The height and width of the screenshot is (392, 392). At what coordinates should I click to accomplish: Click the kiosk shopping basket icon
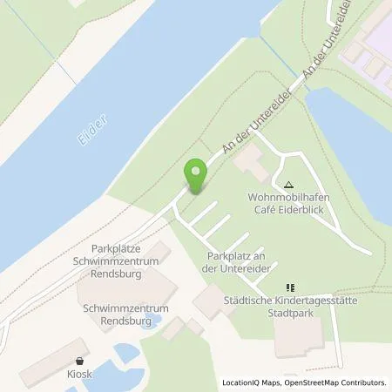tap(80, 361)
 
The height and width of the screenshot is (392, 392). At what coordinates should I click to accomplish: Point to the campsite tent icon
tap(289, 185)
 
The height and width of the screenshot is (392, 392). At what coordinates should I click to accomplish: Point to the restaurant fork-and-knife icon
tap(291, 287)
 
